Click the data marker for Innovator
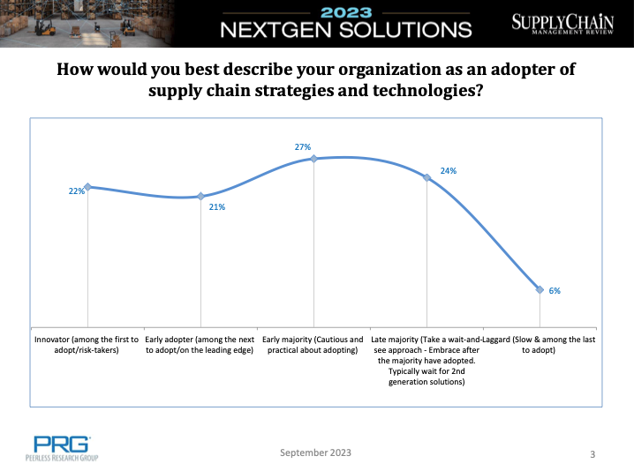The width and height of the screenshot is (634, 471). (x=87, y=186)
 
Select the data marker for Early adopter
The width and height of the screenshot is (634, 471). (x=201, y=196)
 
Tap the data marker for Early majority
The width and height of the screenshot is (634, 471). (x=314, y=159)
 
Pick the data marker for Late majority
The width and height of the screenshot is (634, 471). (x=427, y=177)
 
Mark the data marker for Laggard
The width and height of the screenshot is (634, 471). (x=540, y=289)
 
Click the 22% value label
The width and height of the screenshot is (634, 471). (x=76, y=191)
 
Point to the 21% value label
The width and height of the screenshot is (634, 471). (x=216, y=207)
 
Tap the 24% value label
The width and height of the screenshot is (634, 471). (x=448, y=171)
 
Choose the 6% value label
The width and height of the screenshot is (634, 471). (x=555, y=291)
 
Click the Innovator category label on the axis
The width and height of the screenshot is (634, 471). (x=87, y=345)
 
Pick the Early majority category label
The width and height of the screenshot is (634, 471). (x=314, y=345)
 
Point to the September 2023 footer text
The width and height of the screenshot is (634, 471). (x=315, y=452)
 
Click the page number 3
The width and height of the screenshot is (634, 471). (x=592, y=454)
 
